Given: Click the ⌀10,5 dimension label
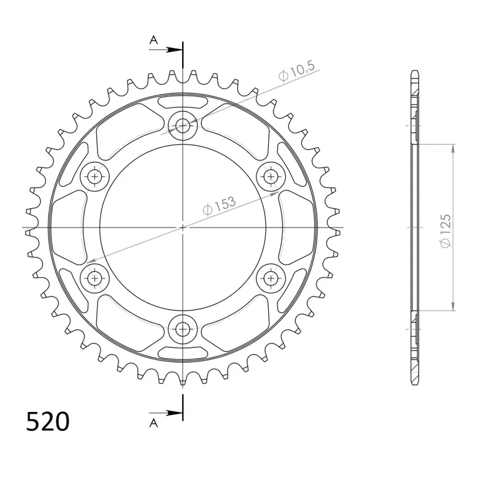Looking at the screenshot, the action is (x=296, y=71).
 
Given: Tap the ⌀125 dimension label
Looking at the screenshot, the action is (x=445, y=231).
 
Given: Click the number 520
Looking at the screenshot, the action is (x=48, y=422).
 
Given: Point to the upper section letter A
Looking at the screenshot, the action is (x=154, y=40).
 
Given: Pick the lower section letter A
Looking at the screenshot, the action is (x=154, y=423).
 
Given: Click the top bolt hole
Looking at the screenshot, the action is (x=183, y=125).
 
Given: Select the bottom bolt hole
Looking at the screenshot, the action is (x=183, y=329).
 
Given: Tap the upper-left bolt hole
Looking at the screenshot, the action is (x=95, y=177).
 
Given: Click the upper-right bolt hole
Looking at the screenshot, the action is (x=271, y=176).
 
